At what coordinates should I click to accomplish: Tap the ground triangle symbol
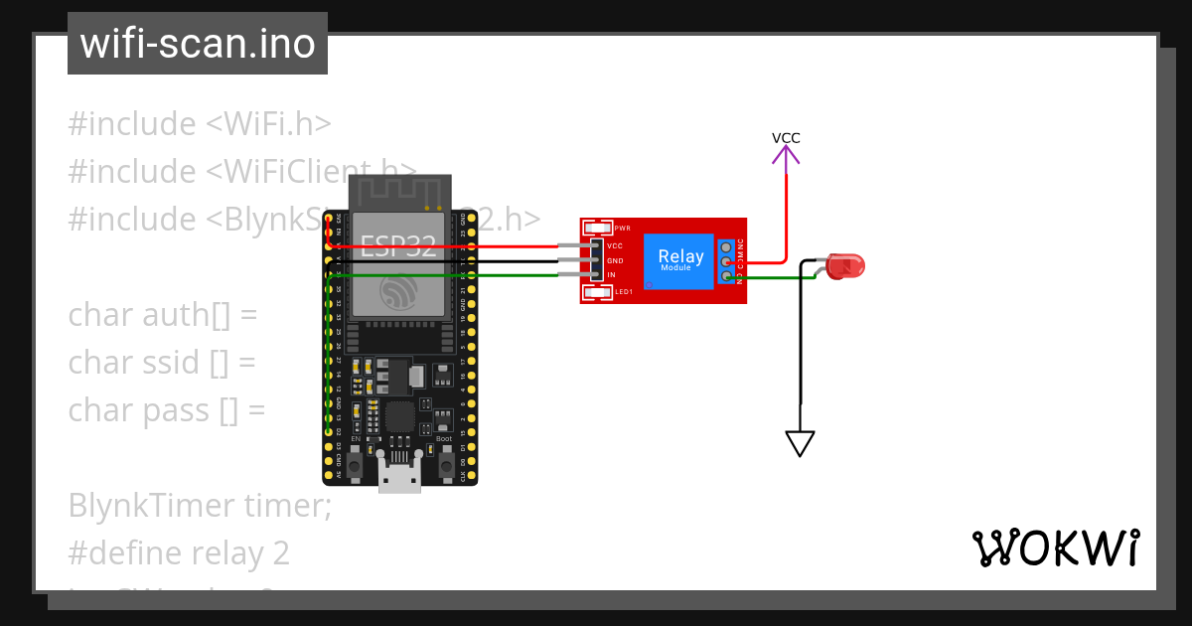[x=800, y=442]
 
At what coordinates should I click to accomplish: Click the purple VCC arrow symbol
[x=786, y=155]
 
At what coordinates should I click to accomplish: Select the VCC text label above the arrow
[x=786, y=138]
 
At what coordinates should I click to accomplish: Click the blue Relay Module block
[x=680, y=260]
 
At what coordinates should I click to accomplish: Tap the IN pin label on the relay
[x=612, y=274]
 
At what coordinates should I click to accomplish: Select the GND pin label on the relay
[x=615, y=260]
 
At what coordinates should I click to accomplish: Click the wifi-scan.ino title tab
[x=198, y=44]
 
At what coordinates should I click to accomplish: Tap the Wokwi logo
[x=1055, y=548]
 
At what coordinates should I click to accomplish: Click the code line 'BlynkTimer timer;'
[x=200, y=506]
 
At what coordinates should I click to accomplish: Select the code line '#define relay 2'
[x=179, y=552]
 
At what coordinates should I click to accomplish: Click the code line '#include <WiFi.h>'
[x=200, y=124]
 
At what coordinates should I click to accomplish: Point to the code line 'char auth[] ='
[x=163, y=315]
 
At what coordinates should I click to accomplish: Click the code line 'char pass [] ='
[x=167, y=409]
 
